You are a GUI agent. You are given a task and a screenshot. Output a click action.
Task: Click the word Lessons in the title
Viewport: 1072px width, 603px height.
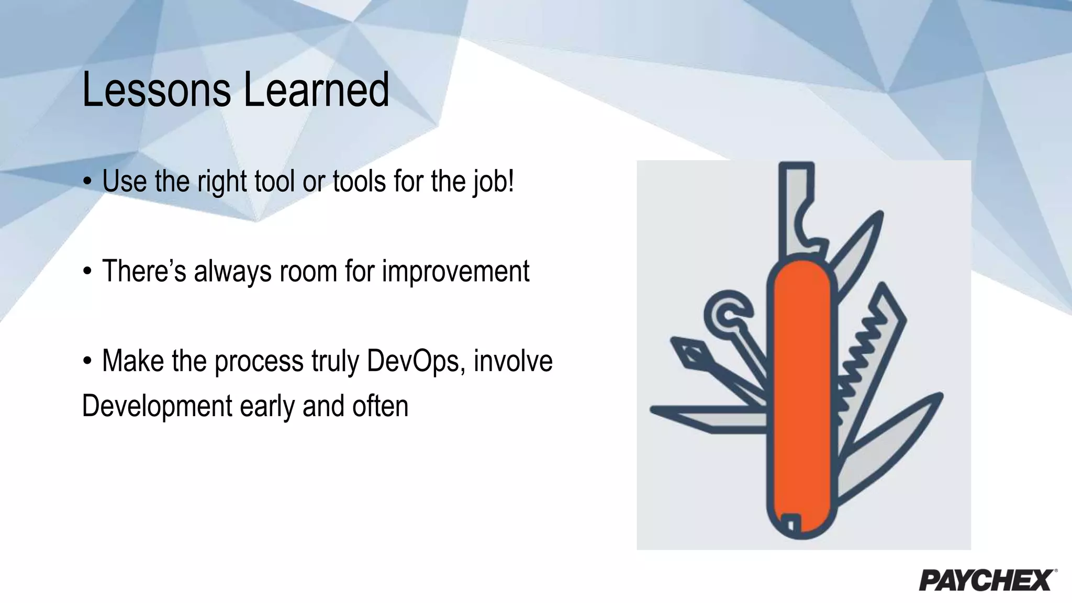click(156, 90)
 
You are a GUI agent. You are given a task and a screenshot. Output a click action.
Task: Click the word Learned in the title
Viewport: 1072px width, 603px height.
click(316, 90)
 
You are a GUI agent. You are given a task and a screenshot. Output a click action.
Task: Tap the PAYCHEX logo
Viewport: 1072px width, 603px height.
click(987, 580)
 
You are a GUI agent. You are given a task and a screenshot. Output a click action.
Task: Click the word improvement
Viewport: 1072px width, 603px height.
click(455, 272)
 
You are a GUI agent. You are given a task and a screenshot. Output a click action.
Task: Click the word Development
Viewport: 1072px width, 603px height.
click(157, 407)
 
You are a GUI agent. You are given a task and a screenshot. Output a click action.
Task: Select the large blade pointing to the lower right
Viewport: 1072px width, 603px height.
click(890, 445)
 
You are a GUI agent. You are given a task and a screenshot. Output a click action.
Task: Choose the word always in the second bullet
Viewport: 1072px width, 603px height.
click(232, 272)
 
